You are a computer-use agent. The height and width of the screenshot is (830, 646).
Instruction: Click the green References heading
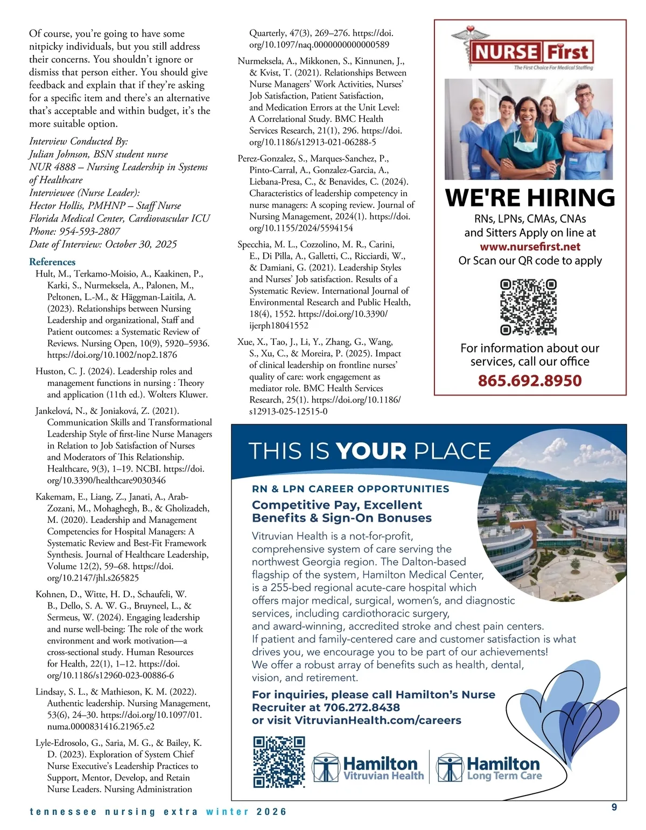pyautogui.click(x=52, y=262)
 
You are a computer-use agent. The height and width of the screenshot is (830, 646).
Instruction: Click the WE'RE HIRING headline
pyautogui.click(x=530, y=198)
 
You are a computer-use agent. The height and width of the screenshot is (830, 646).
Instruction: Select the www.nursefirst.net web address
pyautogui.click(x=530, y=247)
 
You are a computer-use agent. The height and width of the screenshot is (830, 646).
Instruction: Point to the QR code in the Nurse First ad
pyautogui.click(x=528, y=307)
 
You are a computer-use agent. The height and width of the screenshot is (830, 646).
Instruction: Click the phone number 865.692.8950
pyautogui.click(x=530, y=381)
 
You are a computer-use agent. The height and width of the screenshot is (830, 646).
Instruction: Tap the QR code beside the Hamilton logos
pyautogui.click(x=279, y=762)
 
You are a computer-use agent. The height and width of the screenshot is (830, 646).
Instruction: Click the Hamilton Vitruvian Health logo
pyautogui.click(x=368, y=768)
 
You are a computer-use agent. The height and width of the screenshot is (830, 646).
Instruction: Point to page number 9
pyautogui.click(x=614, y=807)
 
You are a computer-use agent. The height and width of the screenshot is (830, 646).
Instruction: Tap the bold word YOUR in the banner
pyautogui.click(x=371, y=451)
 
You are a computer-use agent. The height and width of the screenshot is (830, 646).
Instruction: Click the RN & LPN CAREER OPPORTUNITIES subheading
pyautogui.click(x=350, y=489)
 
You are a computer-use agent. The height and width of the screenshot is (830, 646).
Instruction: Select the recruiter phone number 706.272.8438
pyautogui.click(x=362, y=708)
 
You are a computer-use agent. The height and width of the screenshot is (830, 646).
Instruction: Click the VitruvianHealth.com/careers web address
pyautogui.click(x=378, y=721)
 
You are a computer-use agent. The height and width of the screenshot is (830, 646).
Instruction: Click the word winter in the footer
pyautogui.click(x=227, y=812)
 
